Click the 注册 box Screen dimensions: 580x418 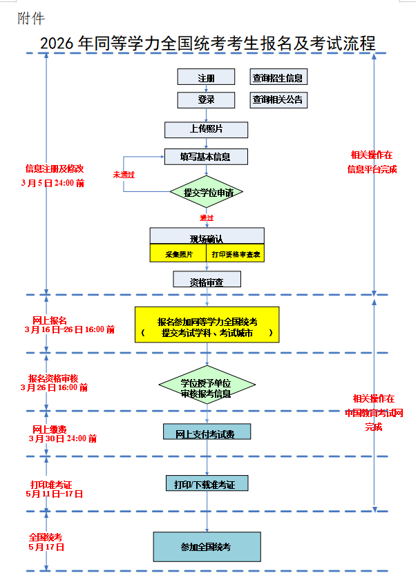coord(206,78)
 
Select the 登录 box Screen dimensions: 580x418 coord(206,100)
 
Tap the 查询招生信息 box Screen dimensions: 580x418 coord(278,78)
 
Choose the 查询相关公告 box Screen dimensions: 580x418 coord(278,100)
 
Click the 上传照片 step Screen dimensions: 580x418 coord(206,129)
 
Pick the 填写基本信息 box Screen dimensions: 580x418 coord(206,157)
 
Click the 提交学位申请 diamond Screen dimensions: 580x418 coord(207,193)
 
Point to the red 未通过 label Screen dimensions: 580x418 coord(124,175)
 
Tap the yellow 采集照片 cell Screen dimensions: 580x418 coord(178,254)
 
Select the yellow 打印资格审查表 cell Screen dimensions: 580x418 coord(235,254)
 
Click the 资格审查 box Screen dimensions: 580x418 coord(207,280)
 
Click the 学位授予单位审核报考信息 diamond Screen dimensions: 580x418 coord(207,387)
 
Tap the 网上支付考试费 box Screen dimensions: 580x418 coord(207,433)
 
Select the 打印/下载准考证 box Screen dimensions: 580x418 coord(207,484)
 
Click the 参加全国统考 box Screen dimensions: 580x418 coord(207,546)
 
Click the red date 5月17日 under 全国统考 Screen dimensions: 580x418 coord(46,547)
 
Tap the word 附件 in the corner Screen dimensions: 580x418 coord(31,19)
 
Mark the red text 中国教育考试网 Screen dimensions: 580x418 coord(374,413)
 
